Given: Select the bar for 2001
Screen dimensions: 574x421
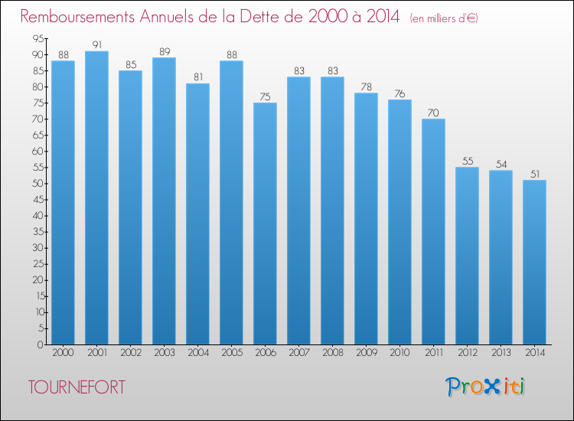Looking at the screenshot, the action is tap(96, 197).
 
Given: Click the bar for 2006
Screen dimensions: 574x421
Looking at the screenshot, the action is tap(265, 224).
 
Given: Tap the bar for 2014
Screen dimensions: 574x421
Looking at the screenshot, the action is tap(534, 262).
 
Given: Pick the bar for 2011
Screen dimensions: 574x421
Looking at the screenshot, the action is tap(433, 231).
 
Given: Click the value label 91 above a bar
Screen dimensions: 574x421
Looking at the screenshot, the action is tap(97, 44).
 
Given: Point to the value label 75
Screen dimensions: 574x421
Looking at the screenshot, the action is tap(265, 96).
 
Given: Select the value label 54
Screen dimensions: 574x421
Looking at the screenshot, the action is tap(501, 164).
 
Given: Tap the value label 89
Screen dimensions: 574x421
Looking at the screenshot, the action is tap(165, 51).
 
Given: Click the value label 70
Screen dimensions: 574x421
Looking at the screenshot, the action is tap(433, 113).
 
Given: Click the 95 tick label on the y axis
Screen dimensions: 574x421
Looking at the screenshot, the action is tap(38, 38).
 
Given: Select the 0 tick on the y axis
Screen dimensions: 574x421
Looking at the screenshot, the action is tap(41, 344).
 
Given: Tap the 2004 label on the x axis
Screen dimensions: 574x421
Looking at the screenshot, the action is tap(198, 353).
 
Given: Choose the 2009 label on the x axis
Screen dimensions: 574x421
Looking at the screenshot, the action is tap(367, 353).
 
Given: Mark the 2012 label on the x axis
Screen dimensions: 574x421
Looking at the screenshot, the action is tap(468, 353).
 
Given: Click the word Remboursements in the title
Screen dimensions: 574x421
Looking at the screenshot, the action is tap(77, 17).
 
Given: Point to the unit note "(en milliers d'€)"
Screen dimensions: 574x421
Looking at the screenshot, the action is tap(444, 18).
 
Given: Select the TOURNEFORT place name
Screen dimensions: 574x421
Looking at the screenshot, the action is tap(77, 387).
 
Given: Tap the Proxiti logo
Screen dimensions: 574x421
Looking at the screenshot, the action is tap(485, 387).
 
